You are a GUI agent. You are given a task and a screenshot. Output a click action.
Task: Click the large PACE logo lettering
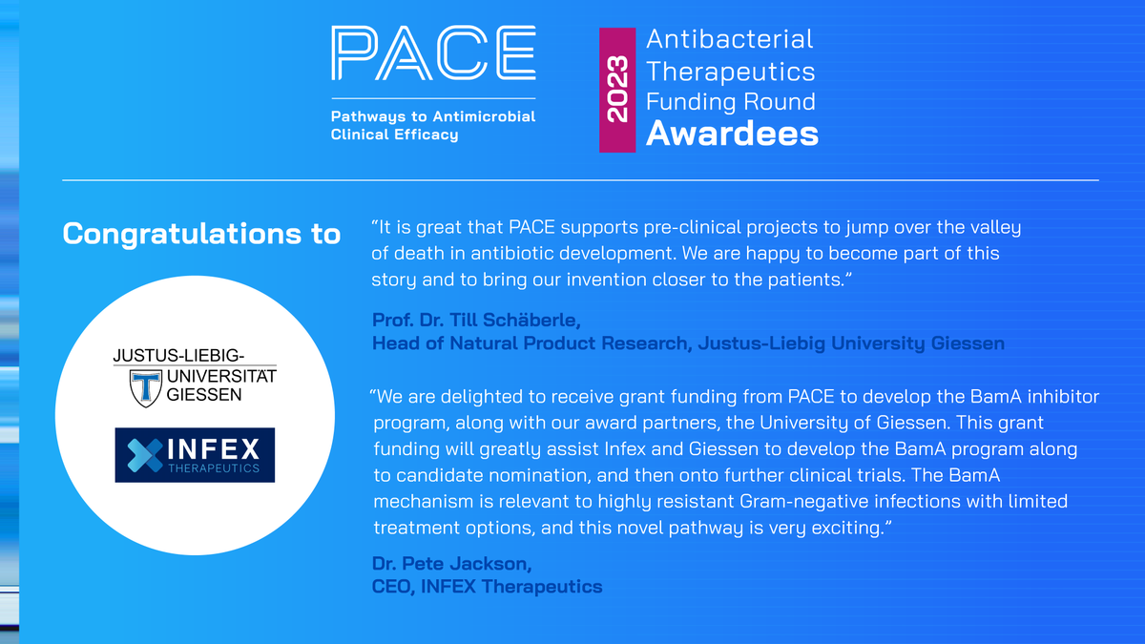432,54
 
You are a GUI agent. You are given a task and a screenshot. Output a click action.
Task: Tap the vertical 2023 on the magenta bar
616,90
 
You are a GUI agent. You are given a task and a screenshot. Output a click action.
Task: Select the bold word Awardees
732,134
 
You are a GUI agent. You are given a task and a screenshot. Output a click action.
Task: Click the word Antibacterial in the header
730,39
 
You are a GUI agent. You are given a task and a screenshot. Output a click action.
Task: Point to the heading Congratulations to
201,235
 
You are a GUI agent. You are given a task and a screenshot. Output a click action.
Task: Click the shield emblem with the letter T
147,386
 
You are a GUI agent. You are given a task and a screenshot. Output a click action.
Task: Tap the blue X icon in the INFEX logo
138,454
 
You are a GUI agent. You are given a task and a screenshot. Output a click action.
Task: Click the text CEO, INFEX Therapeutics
487,586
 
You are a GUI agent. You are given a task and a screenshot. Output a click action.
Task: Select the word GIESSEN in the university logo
204,394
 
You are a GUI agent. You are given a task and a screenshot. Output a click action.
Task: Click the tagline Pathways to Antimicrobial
432,116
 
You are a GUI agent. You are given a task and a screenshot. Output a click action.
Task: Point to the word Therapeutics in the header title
730,71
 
